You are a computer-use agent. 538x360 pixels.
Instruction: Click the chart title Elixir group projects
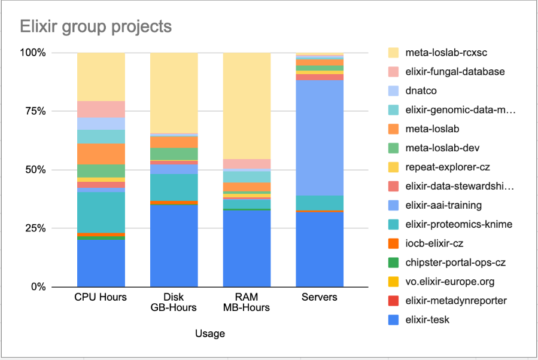[x=96, y=27]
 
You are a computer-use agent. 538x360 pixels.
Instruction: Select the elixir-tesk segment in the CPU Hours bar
[x=101, y=263]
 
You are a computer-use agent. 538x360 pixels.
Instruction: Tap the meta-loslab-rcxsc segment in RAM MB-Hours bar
[x=247, y=105]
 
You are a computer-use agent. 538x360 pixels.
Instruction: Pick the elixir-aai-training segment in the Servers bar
[x=320, y=138]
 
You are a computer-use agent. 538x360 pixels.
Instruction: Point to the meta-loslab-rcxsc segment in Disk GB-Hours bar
[x=174, y=93]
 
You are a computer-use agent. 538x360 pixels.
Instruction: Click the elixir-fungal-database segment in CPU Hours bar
[x=101, y=109]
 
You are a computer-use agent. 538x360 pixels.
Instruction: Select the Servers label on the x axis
[x=320, y=297]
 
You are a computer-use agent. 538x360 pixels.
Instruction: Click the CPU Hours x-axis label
[x=101, y=297]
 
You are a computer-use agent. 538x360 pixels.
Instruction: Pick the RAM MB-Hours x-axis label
[x=247, y=303]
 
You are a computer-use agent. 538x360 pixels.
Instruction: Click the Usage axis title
[x=210, y=334]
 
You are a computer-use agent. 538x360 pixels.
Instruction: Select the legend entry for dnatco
[x=420, y=91]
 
